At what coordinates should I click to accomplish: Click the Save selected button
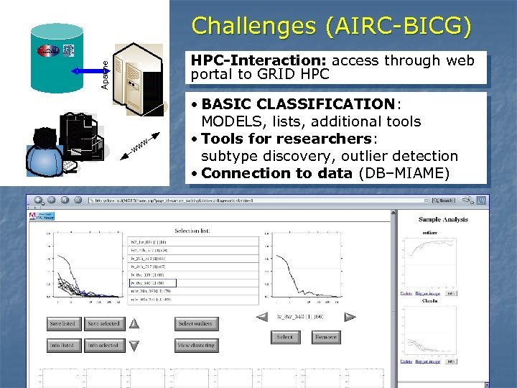[103, 324]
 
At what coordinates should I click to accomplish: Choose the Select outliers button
[195, 324]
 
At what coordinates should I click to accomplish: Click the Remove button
[325, 337]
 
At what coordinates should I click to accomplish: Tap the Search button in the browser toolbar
[444, 200]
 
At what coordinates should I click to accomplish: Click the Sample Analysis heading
[443, 219]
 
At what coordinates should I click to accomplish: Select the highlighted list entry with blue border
[152, 283]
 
